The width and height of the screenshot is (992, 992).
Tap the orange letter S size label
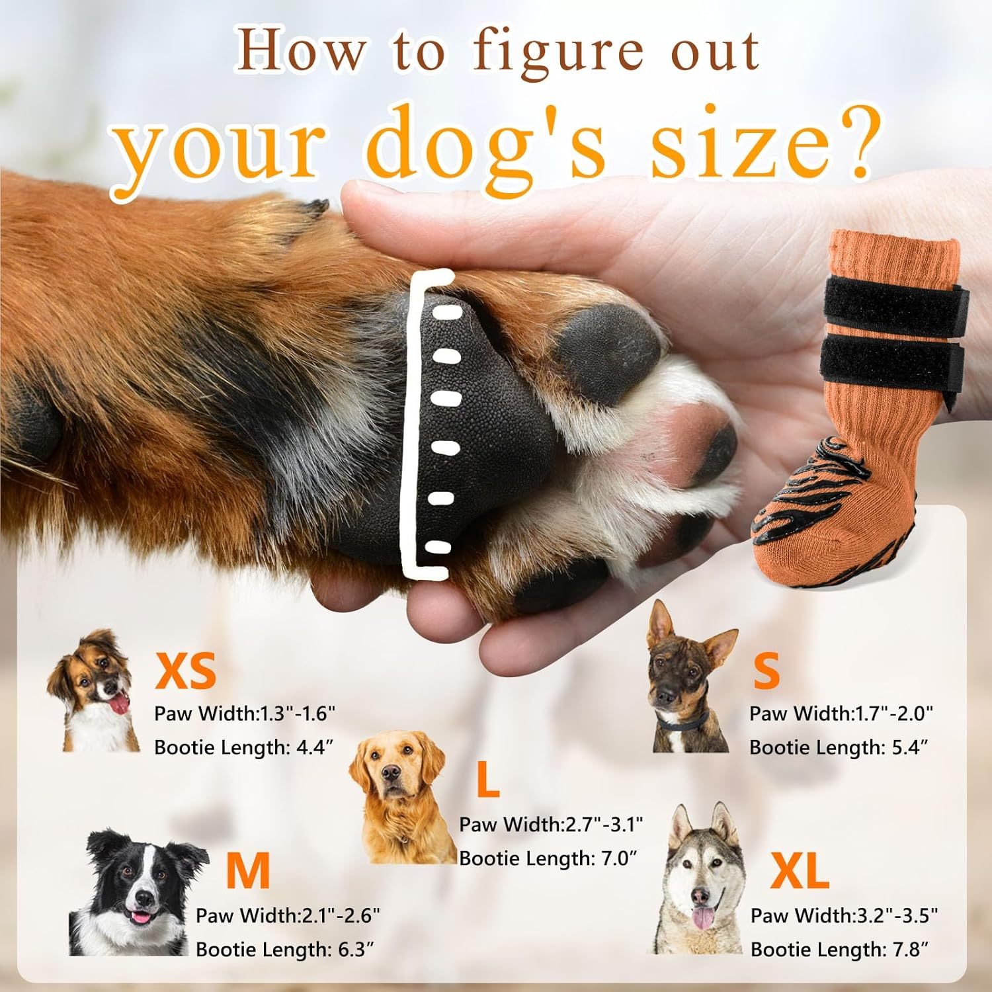click(766, 671)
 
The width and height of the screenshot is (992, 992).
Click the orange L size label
click(487, 780)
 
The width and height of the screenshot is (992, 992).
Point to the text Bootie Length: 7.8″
click(839, 950)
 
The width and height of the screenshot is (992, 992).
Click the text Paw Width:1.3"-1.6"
click(245, 714)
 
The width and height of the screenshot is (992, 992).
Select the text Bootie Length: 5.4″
click(839, 747)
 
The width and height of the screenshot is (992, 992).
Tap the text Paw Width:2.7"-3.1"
click(551, 825)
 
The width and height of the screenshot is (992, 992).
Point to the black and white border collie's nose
click(142, 899)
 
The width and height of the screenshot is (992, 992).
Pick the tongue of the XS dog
click(119, 705)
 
